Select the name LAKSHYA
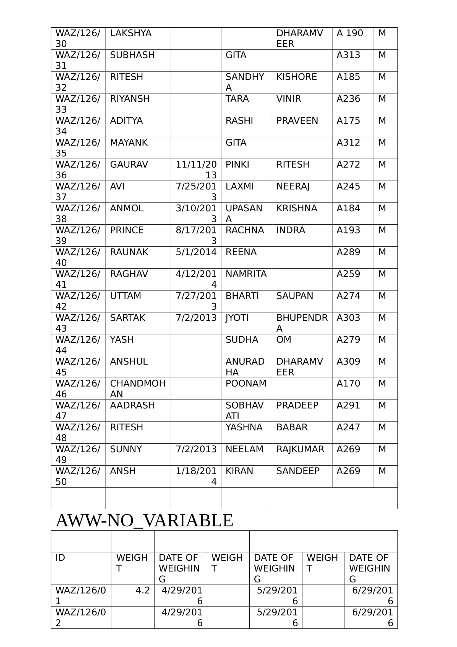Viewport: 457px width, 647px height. tap(131, 33)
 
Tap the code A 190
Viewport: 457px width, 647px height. tap(350, 33)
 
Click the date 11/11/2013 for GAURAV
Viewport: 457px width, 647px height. tap(196, 170)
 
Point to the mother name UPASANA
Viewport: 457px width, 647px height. tap(244, 213)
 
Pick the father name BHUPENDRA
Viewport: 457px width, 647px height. tap(302, 323)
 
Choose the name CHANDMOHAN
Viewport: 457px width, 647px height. tap(137, 389)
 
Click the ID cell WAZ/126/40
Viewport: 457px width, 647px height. tap(78, 257)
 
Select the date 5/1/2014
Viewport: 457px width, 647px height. tap(196, 252)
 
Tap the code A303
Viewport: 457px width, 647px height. tap(348, 318)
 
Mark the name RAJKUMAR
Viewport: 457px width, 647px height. tap(300, 449)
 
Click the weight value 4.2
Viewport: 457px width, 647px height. tap(143, 590)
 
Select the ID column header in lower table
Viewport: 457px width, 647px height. tap(60, 558)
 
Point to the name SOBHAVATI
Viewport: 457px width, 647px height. tap(244, 410)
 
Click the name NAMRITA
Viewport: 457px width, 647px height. tap(246, 274)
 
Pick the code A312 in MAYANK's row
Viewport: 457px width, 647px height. tap(348, 142)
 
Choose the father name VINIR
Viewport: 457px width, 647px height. tap(289, 99)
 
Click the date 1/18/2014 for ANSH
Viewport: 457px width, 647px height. tap(196, 476)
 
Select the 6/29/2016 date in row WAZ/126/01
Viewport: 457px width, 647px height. tap(372, 596)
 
